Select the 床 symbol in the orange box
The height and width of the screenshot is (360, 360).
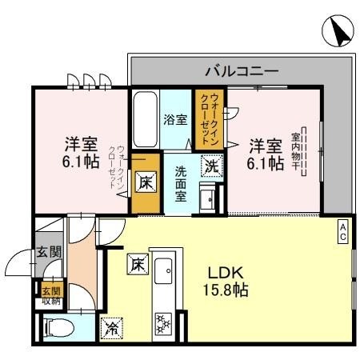click(x=145, y=182)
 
